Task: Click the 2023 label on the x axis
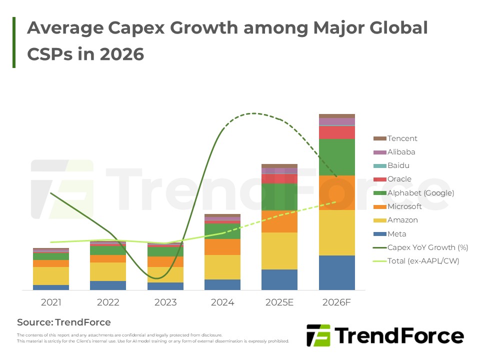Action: pyautogui.click(x=165, y=303)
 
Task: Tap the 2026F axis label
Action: pyautogui.click(x=337, y=303)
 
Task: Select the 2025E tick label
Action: pyautogui.click(x=279, y=303)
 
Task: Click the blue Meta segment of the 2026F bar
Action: pyautogui.click(x=337, y=272)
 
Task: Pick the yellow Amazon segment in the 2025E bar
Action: pyautogui.click(x=279, y=251)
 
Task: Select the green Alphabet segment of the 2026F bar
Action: pyautogui.click(x=337, y=157)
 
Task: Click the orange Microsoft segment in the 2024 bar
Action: pyautogui.click(x=222, y=247)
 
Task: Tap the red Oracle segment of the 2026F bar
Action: pyautogui.click(x=337, y=132)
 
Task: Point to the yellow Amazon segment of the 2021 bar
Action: pyautogui.click(x=51, y=276)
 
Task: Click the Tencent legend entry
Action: pyautogui.click(x=402, y=138)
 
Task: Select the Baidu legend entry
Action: pyautogui.click(x=398, y=165)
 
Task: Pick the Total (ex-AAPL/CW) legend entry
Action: pyautogui.click(x=423, y=261)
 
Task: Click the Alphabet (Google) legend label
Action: pyautogui.click(x=420, y=193)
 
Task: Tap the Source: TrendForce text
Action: pyautogui.click(x=64, y=322)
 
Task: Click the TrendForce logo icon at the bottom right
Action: pyautogui.click(x=318, y=335)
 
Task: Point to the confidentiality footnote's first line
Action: pyautogui.click(x=119, y=335)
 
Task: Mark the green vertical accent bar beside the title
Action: pyautogui.click(x=14, y=42)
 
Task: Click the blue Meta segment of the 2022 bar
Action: pyautogui.click(x=108, y=285)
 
